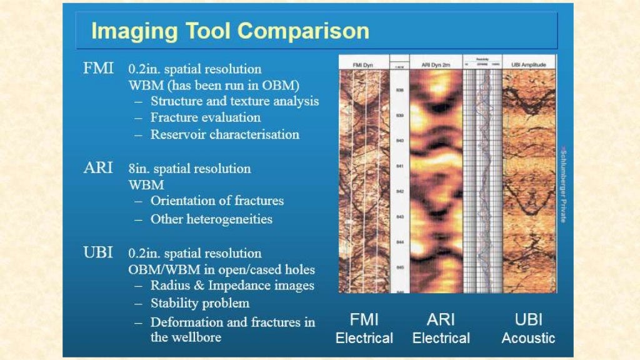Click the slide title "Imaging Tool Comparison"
pos(230,31)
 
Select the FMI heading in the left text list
pos(98,69)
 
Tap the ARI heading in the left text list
pos(98,168)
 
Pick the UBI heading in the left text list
pos(98,253)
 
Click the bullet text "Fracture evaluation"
pos(206,117)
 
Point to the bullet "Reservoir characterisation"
pos(224,134)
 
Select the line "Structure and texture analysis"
pos(234,101)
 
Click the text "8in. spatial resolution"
pos(189,169)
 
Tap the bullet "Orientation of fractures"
pos(217,201)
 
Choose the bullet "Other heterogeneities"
pos(211,219)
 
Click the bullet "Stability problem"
pos(200,304)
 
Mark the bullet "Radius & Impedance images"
pos(232,286)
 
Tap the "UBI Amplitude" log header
pos(529,65)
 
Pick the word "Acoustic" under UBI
pos(528,339)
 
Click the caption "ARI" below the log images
pos(441,319)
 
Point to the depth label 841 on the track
pos(399,166)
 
